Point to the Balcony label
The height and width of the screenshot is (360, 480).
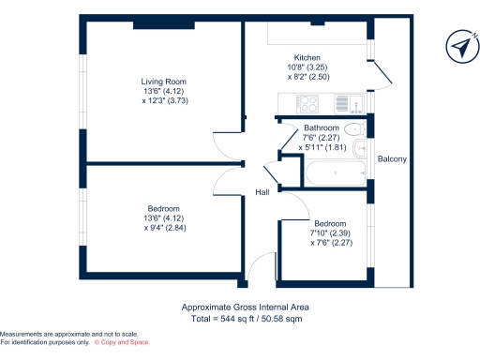coord(392,159)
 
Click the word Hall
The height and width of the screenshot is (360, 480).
coord(263,193)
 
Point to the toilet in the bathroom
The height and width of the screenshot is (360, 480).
coord(353,129)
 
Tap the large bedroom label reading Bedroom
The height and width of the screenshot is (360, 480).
coord(163,208)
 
